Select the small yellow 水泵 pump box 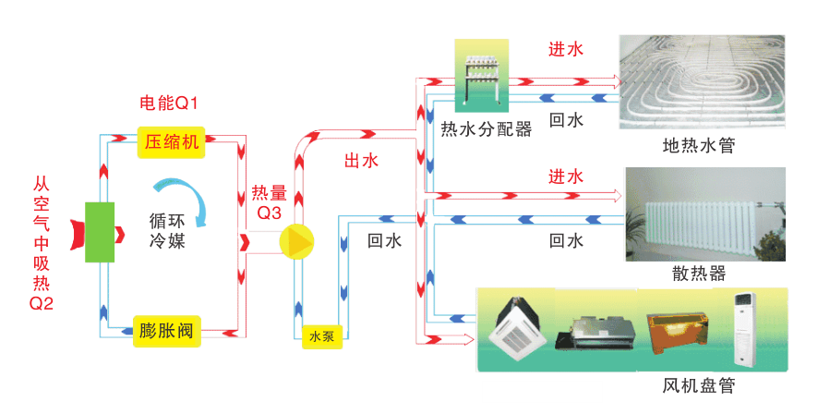(x=321, y=337)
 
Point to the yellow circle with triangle (x=297, y=241)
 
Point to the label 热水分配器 (x=487, y=130)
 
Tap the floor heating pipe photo (x=702, y=81)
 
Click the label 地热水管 (x=698, y=146)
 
